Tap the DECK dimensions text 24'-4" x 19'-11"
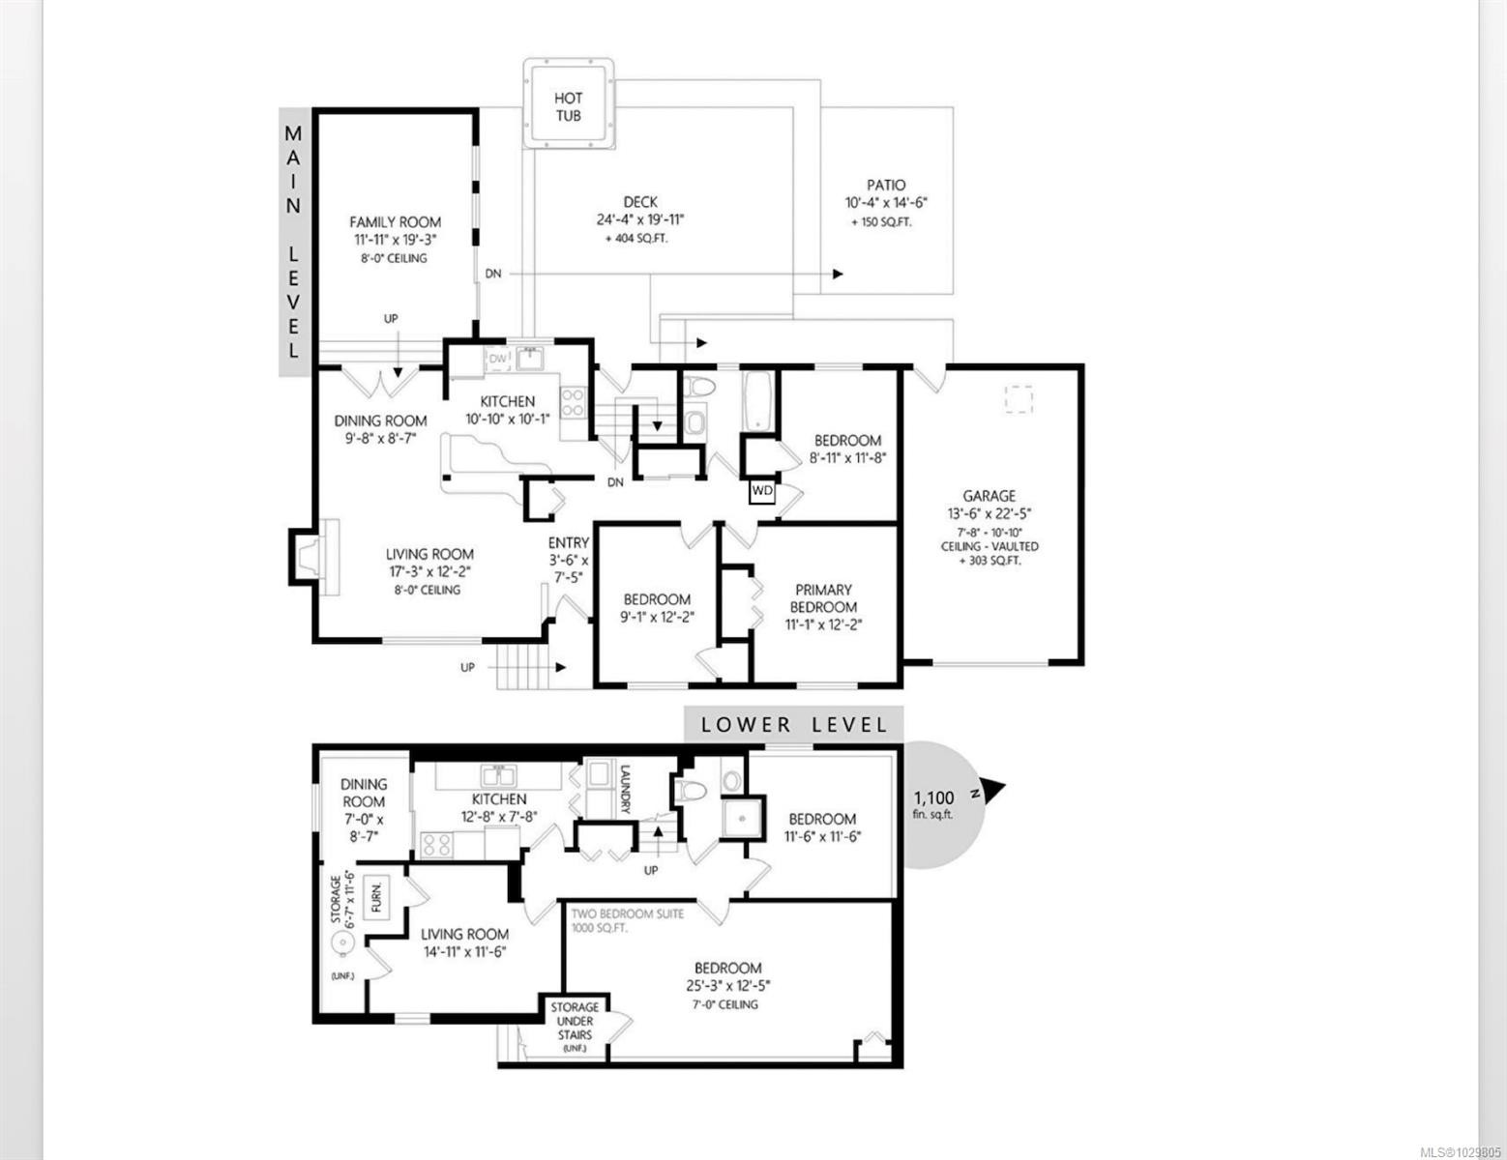point(639,219)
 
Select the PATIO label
point(886,185)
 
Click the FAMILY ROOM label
point(395,221)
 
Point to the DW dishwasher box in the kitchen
point(498,360)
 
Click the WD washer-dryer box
point(762,491)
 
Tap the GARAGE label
point(989,496)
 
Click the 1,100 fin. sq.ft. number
point(933,798)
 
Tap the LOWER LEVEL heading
point(793,724)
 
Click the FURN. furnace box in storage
point(376,898)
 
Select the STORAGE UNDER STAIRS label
point(575,1021)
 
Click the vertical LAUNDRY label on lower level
point(625,790)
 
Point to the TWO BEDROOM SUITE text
point(627,913)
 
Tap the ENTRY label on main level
point(568,543)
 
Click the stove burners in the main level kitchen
point(573,401)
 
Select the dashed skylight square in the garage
point(1018,399)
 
